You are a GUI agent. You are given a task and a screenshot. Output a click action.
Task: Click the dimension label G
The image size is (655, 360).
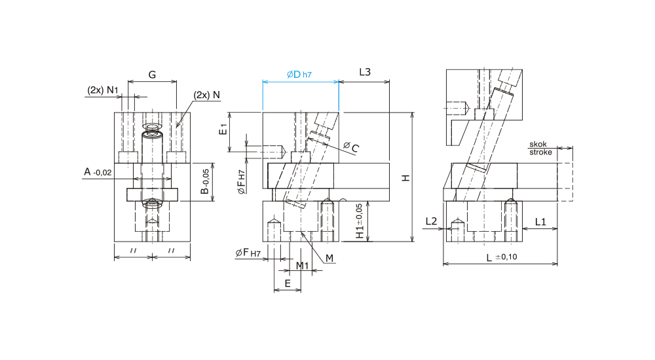coord(152,75)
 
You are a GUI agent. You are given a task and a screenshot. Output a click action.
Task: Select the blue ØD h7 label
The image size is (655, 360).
coord(299,75)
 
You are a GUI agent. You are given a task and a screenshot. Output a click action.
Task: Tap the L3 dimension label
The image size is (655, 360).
coord(365,72)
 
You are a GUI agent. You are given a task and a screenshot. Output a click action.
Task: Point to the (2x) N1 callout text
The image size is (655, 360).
coord(103,90)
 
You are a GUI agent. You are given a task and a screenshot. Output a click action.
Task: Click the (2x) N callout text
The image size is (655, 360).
coord(206,95)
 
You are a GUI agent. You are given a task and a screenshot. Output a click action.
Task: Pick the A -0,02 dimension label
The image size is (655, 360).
coord(98,171)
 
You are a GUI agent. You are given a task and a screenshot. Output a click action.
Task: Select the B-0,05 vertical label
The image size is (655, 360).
coord(204,181)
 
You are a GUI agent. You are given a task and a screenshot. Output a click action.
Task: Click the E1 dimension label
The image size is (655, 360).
coord(223,129)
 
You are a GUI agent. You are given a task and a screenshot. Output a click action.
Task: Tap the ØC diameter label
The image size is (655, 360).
coord(351,147)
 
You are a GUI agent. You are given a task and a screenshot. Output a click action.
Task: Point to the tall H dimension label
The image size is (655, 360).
coord(405,178)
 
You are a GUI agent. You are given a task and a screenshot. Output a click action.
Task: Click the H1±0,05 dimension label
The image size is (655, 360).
coord(360,221)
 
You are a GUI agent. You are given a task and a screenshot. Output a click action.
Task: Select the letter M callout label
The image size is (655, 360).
coord(329,259)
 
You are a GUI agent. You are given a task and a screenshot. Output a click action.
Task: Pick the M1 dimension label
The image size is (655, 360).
coord(302,266)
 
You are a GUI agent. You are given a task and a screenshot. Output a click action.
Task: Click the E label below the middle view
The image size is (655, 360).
coord(288,283)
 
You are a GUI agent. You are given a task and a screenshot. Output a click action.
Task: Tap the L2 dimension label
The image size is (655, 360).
coord(431,221)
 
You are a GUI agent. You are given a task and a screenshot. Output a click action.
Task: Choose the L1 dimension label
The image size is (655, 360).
coord(540,222)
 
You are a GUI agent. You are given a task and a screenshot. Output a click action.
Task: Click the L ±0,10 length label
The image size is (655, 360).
coord(502,257)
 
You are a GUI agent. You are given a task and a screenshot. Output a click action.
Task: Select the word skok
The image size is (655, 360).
coord(538,144)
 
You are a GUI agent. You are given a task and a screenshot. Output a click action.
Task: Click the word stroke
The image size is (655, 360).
coord(540,152)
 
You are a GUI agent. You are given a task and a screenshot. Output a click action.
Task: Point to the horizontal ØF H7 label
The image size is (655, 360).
coord(248,253)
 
